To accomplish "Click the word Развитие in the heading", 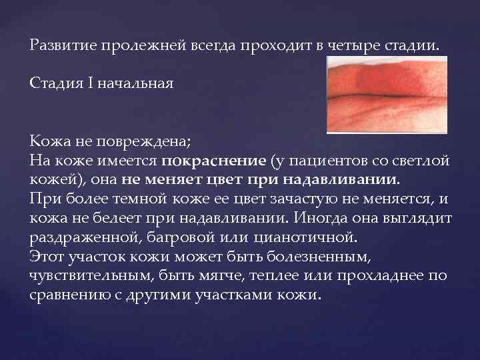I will pos(63,46).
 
